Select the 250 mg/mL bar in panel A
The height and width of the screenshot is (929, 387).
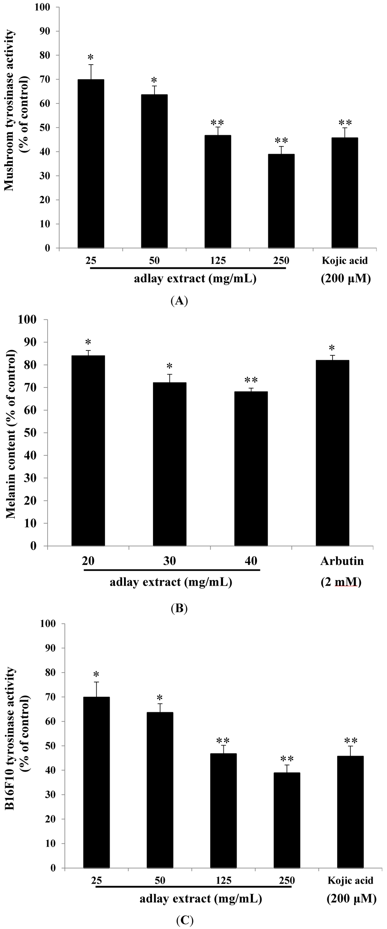(x=281, y=201)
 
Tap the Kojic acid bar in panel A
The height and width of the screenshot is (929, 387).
(x=345, y=193)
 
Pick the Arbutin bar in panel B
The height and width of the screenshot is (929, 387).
(x=332, y=453)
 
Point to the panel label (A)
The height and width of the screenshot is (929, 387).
(x=179, y=301)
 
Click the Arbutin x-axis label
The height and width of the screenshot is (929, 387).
(x=342, y=561)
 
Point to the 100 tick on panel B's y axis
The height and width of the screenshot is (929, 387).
(x=31, y=319)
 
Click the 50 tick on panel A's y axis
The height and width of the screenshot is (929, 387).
(x=45, y=128)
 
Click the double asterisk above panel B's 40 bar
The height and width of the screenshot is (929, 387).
(x=251, y=380)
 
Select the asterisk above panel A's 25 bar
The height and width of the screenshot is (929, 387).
(x=90, y=57)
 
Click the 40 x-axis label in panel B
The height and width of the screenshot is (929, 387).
(x=251, y=561)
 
